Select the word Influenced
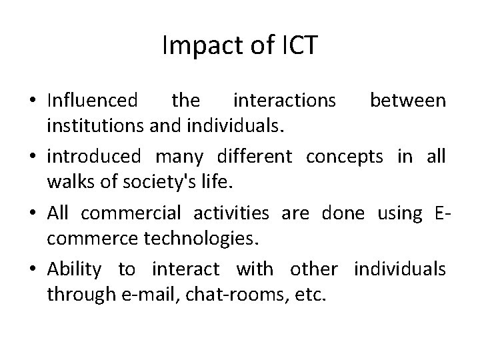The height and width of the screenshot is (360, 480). pos(93,101)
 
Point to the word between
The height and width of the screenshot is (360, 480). pos(408,101)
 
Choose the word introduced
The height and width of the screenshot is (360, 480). pos(93,156)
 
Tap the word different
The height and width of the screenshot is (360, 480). pos(254,156)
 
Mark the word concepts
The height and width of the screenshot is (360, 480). pos(345,157)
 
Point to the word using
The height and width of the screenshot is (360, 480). pos(399,213)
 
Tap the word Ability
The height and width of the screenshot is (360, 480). pos(74,269)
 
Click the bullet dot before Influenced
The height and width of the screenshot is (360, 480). pos(33,101)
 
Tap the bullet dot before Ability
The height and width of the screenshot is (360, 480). pos(33,269)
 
